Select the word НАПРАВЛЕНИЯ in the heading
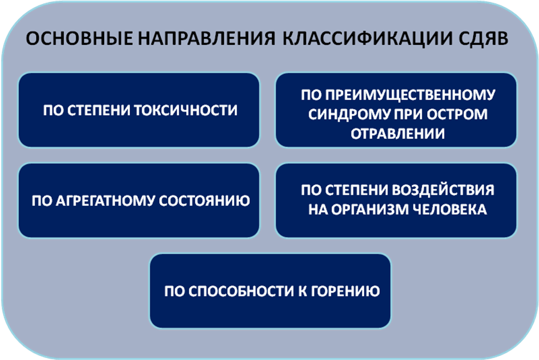(x=207, y=38)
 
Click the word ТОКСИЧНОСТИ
(x=186, y=110)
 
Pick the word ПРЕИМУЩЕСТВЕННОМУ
(x=398, y=94)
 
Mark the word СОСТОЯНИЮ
(x=204, y=201)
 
